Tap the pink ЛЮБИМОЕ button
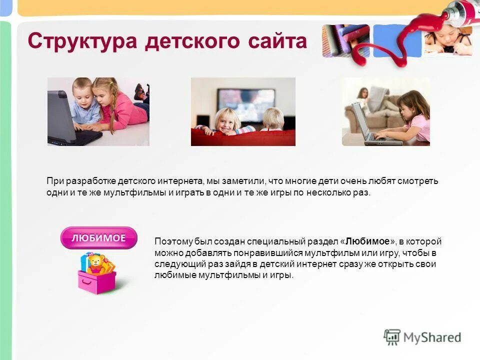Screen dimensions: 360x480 click(98, 238)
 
